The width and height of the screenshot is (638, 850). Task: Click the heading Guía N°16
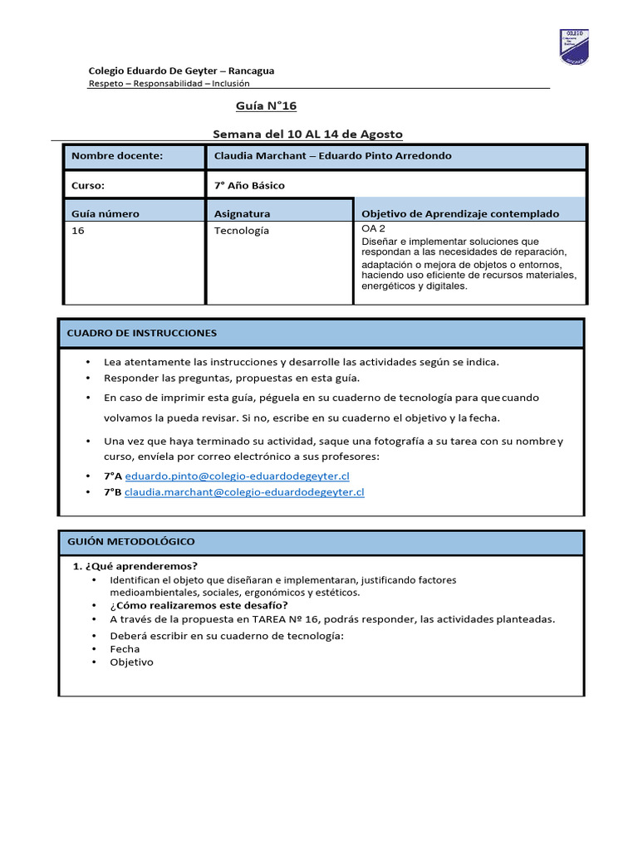(266, 106)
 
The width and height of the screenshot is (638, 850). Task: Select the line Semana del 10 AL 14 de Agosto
(307, 134)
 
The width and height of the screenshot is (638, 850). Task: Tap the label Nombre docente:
(117, 156)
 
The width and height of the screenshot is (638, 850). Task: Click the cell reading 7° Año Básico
(249, 185)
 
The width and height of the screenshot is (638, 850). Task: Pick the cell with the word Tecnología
(242, 230)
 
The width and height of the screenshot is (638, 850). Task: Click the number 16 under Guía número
(78, 230)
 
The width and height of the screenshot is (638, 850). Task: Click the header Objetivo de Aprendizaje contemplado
(460, 213)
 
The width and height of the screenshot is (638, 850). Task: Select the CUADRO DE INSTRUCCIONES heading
(141, 333)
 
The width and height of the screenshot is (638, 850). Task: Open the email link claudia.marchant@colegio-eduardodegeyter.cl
(244, 491)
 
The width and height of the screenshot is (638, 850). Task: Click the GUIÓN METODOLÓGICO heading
(130, 541)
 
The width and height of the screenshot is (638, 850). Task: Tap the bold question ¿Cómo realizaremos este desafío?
(199, 605)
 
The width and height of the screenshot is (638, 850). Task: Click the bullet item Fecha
(125, 648)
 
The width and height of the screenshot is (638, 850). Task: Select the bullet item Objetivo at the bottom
(131, 662)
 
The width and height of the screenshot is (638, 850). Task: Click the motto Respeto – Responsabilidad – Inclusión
(169, 83)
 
